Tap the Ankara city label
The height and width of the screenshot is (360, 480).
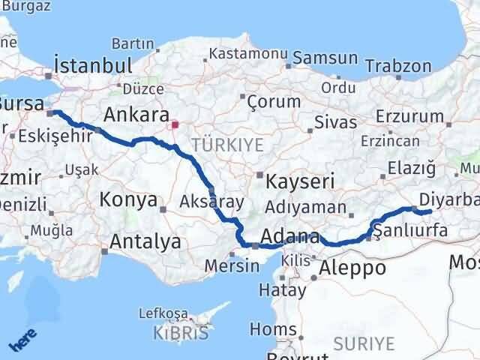(x=136, y=115)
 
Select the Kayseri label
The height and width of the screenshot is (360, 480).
(x=289, y=182)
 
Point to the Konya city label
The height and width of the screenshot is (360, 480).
(x=129, y=201)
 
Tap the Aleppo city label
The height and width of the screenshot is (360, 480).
(x=352, y=268)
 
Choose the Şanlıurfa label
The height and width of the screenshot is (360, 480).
(x=410, y=231)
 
